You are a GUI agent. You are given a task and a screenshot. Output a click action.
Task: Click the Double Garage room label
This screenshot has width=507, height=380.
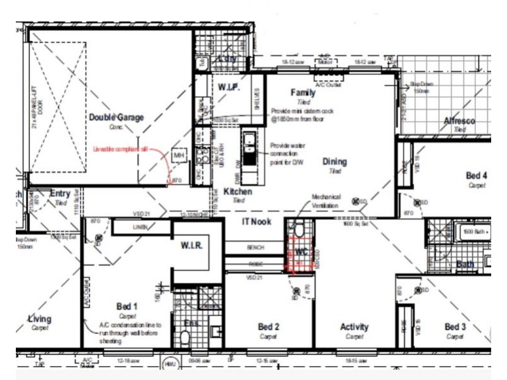pos(116,117)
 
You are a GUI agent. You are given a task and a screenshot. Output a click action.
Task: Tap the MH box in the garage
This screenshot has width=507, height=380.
pos(178,155)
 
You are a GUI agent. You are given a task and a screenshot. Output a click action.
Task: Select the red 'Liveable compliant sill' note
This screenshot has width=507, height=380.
pos(120,149)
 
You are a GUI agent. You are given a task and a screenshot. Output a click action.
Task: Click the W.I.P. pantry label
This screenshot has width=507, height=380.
pos(229,87)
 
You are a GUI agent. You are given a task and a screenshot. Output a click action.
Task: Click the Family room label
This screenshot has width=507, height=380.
pos(302,92)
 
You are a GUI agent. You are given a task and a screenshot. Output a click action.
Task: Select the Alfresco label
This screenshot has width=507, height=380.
pos(459,121)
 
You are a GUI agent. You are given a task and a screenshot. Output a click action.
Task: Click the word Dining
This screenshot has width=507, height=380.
pos(334,161)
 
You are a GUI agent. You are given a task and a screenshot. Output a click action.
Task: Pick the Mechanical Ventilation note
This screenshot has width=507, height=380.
pos(326,201)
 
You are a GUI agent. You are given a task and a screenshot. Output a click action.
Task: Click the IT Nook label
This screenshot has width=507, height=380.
pos(257,222)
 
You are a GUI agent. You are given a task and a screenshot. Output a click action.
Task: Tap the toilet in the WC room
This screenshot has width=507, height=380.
pos(298,229)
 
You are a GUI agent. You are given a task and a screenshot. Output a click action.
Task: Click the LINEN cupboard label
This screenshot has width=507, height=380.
pos(140,227)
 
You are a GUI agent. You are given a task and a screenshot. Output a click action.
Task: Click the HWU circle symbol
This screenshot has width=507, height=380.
pos(169,365)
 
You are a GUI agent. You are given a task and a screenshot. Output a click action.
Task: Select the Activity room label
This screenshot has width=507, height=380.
pos(354,327)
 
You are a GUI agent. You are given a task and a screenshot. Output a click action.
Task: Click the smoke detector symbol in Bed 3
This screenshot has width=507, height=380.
pos(420,290)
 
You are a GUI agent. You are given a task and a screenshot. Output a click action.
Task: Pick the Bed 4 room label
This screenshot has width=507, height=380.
pos(477,175)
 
